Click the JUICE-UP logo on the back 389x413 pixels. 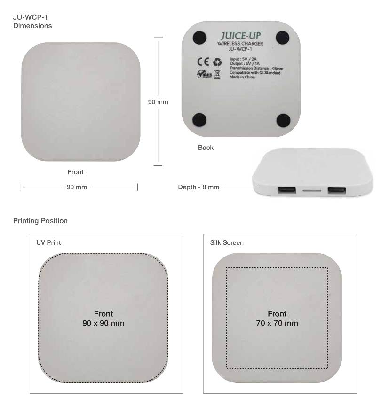point(240,36)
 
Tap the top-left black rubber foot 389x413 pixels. point(199,38)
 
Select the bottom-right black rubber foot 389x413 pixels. point(283,120)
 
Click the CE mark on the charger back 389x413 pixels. point(203,62)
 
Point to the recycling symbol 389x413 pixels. point(217,62)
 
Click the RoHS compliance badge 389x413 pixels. point(205,75)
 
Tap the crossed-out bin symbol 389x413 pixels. point(217,75)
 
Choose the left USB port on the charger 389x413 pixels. point(286,190)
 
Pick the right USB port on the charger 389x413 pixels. point(336,190)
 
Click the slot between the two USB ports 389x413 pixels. point(311,190)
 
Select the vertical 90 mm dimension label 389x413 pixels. point(158,102)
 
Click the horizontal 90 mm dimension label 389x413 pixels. point(77,187)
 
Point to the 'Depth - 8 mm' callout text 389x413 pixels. point(198,187)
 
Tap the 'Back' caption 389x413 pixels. point(206,148)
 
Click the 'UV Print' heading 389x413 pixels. point(48,242)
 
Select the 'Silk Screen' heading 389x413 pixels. point(227,242)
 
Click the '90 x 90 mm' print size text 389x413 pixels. point(103,323)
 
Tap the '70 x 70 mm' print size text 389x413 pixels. point(277,323)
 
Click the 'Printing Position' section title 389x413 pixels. point(40,221)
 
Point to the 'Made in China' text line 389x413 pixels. point(242,77)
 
